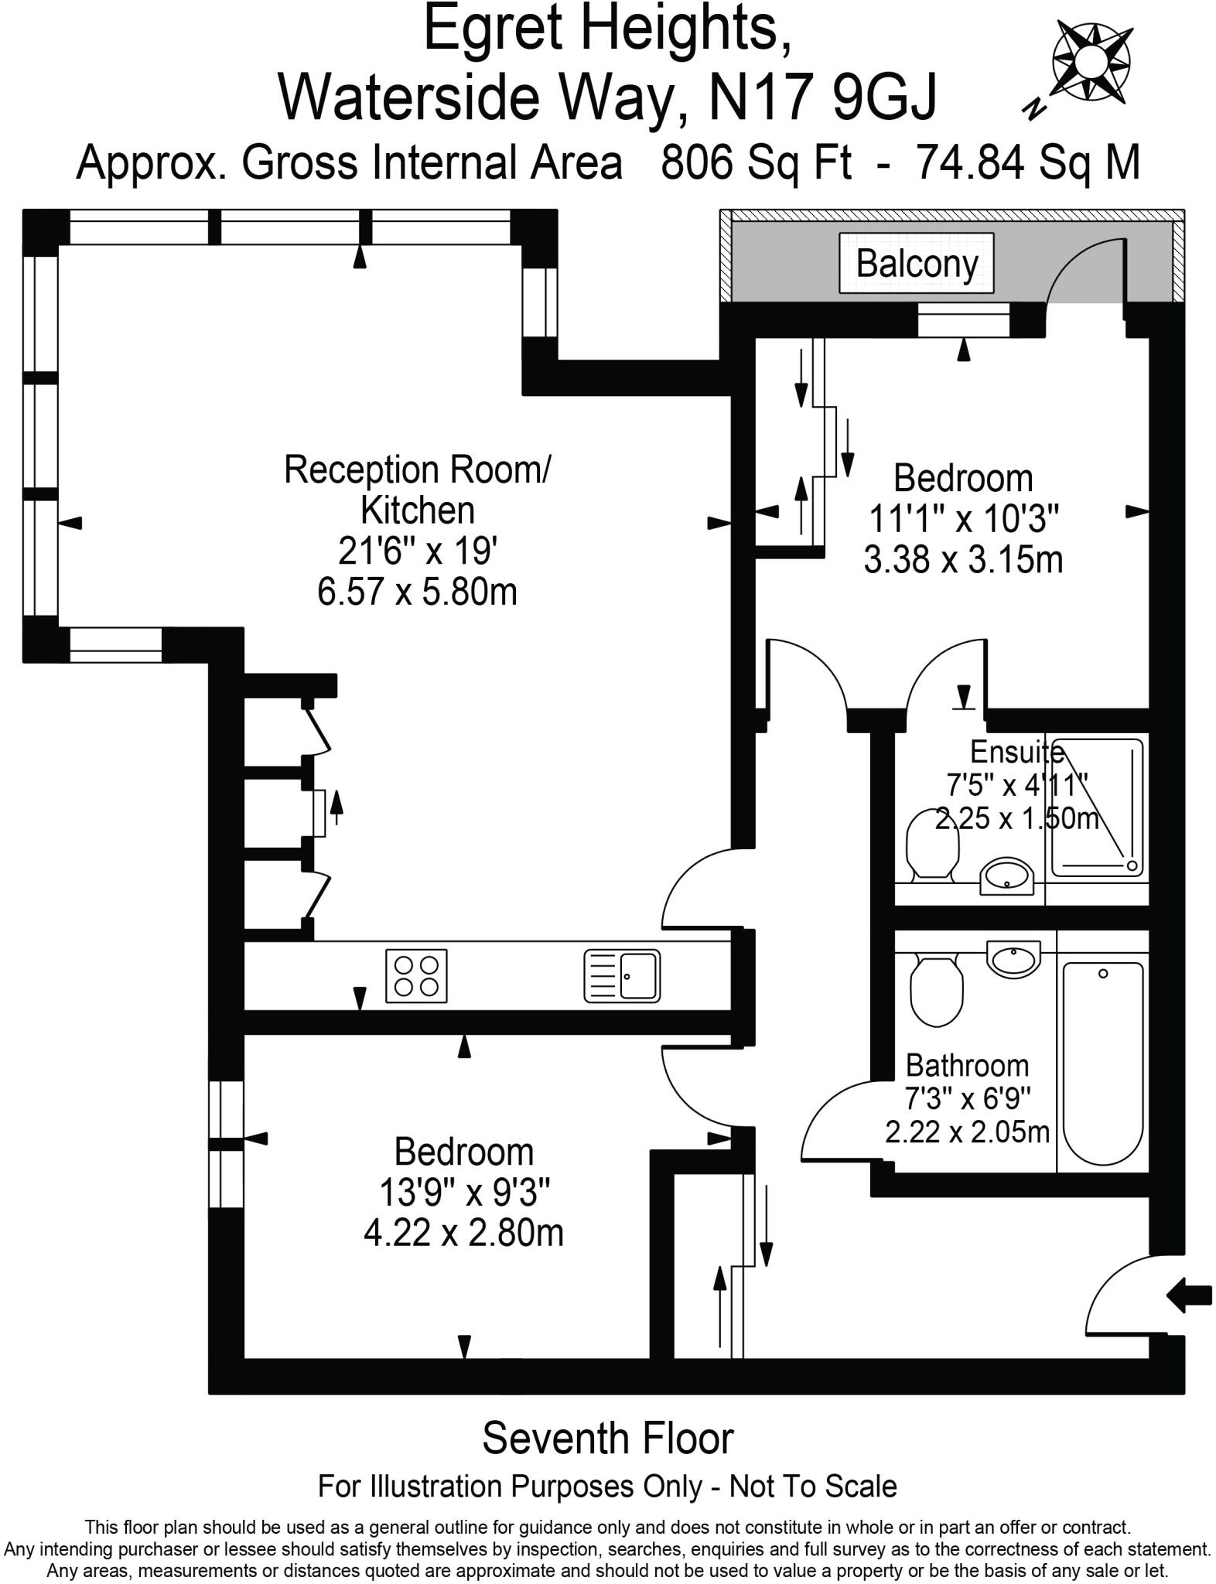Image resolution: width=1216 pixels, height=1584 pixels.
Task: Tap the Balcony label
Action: [917, 264]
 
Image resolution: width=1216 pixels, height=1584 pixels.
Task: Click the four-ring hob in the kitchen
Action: [416, 975]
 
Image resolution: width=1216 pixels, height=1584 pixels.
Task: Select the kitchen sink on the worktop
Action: [622, 975]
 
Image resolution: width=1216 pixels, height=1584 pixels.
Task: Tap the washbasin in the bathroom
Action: [1013, 959]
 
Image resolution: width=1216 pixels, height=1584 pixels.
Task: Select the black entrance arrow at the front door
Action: [1187, 1295]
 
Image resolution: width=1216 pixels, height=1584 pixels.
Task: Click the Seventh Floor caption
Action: [608, 1439]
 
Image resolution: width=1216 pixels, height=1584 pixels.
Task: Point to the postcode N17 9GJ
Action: [823, 97]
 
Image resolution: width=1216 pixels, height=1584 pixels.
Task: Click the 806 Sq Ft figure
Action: [756, 162]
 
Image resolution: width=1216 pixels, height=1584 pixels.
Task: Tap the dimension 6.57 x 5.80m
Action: [417, 592]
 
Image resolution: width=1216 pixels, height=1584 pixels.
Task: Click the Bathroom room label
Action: [967, 1065]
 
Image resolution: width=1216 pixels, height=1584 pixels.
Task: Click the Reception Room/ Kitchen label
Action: [417, 490]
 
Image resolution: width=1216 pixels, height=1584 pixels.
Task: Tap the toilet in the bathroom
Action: [936, 991]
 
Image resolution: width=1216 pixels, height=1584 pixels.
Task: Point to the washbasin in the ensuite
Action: [1006, 876]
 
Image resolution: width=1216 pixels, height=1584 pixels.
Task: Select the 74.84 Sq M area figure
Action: [1027, 162]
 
